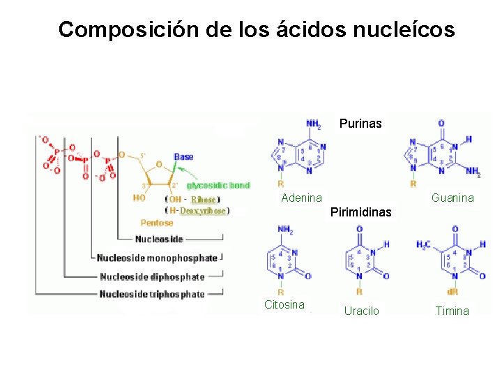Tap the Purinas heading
pos(360,124)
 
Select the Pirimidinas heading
pos(361,211)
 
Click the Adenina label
pos(301,198)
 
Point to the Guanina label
pos(452,198)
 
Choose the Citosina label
pos(284,304)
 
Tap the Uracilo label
pos(362,311)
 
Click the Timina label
pos(452,311)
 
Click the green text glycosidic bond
pos(218,186)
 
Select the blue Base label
pos(183,157)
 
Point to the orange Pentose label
pos(157,223)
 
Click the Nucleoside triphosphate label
pos(152,294)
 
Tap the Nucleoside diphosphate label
pos(152,276)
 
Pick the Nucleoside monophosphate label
pos(157,258)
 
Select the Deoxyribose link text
pos(203,211)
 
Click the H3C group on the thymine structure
pos(423,244)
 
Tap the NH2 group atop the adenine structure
pos(313,125)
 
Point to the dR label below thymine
pos(452,292)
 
